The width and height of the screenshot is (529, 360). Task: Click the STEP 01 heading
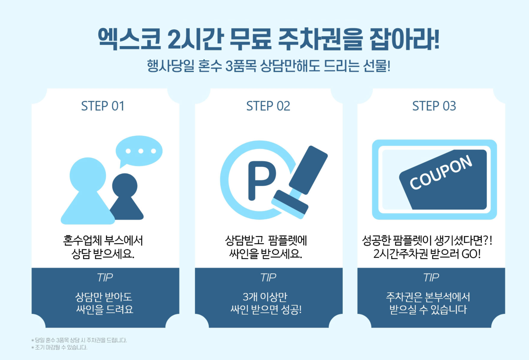tap(103, 106)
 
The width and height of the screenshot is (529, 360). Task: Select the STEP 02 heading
tap(268, 106)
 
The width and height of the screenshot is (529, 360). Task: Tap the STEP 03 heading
tap(434, 106)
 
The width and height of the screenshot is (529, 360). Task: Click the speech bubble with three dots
tap(139, 151)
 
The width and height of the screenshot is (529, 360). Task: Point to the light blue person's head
tap(88, 175)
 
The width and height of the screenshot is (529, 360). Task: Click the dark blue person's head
tap(125, 186)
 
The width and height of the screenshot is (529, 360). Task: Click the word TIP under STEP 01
tap(105, 278)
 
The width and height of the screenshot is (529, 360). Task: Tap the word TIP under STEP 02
tap(268, 278)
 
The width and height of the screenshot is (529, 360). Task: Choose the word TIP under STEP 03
tap(431, 278)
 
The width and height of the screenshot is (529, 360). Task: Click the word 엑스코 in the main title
tap(129, 39)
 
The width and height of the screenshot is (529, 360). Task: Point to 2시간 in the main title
tap(195, 39)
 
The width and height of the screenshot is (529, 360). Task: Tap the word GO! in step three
tap(471, 254)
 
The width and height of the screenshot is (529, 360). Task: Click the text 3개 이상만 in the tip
tap(265, 297)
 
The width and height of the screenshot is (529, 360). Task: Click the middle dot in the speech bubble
tap(141, 151)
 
